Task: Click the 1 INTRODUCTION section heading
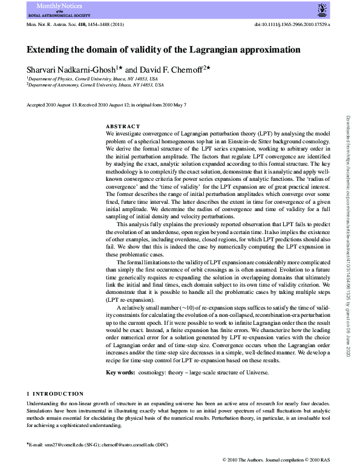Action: [56, 393]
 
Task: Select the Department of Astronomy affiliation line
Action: [94, 85]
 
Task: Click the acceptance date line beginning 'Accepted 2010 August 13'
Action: [106, 105]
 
